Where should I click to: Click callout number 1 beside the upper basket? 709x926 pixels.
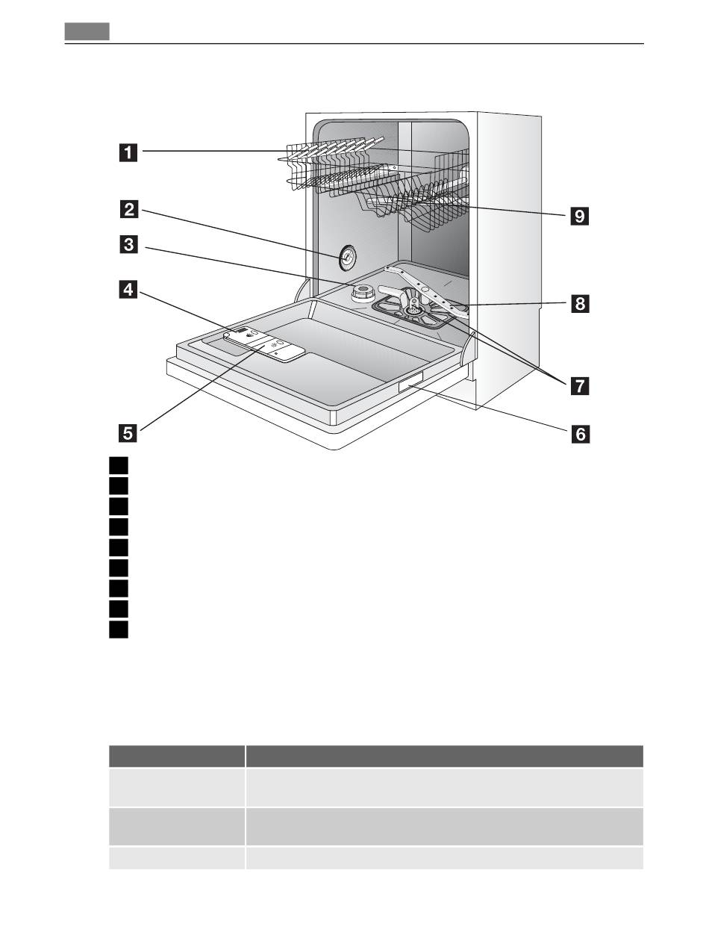128,152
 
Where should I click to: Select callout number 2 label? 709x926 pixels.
128,210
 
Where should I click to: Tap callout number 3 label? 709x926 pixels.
128,245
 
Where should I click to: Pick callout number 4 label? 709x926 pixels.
128,290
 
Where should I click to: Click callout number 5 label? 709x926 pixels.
128,433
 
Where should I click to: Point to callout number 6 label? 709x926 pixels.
580,434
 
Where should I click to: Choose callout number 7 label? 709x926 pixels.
580,385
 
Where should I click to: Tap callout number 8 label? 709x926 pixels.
580,303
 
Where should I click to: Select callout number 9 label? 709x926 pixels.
579,216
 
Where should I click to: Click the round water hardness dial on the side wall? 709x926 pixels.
348,258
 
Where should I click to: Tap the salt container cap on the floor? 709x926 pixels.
363,293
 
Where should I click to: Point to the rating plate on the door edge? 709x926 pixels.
410,381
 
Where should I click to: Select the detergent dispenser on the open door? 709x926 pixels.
264,344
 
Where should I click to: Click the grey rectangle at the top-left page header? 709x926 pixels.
87,31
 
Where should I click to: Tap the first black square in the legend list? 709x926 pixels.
119,465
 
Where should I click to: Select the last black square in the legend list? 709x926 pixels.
119,630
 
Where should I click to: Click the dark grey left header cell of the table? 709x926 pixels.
177,756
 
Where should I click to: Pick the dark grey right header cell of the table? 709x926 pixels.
445,756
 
